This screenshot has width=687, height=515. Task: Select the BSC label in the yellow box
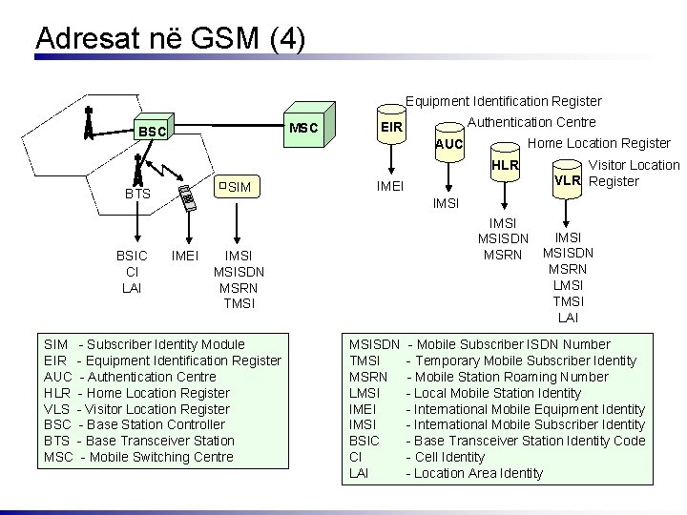pyautogui.click(x=153, y=131)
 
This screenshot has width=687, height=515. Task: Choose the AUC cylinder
pyautogui.click(x=448, y=144)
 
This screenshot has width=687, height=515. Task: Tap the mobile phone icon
pyautogui.click(x=189, y=197)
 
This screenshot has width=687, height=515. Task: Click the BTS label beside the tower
pyautogui.click(x=138, y=194)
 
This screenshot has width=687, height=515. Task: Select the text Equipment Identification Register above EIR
pyautogui.click(x=503, y=100)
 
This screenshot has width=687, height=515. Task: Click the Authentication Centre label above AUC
pyautogui.click(x=532, y=121)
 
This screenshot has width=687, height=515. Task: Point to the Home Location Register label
pyautogui.click(x=598, y=143)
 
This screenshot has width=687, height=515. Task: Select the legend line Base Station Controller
pyautogui.click(x=135, y=424)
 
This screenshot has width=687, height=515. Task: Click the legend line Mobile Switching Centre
pyautogui.click(x=138, y=457)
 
